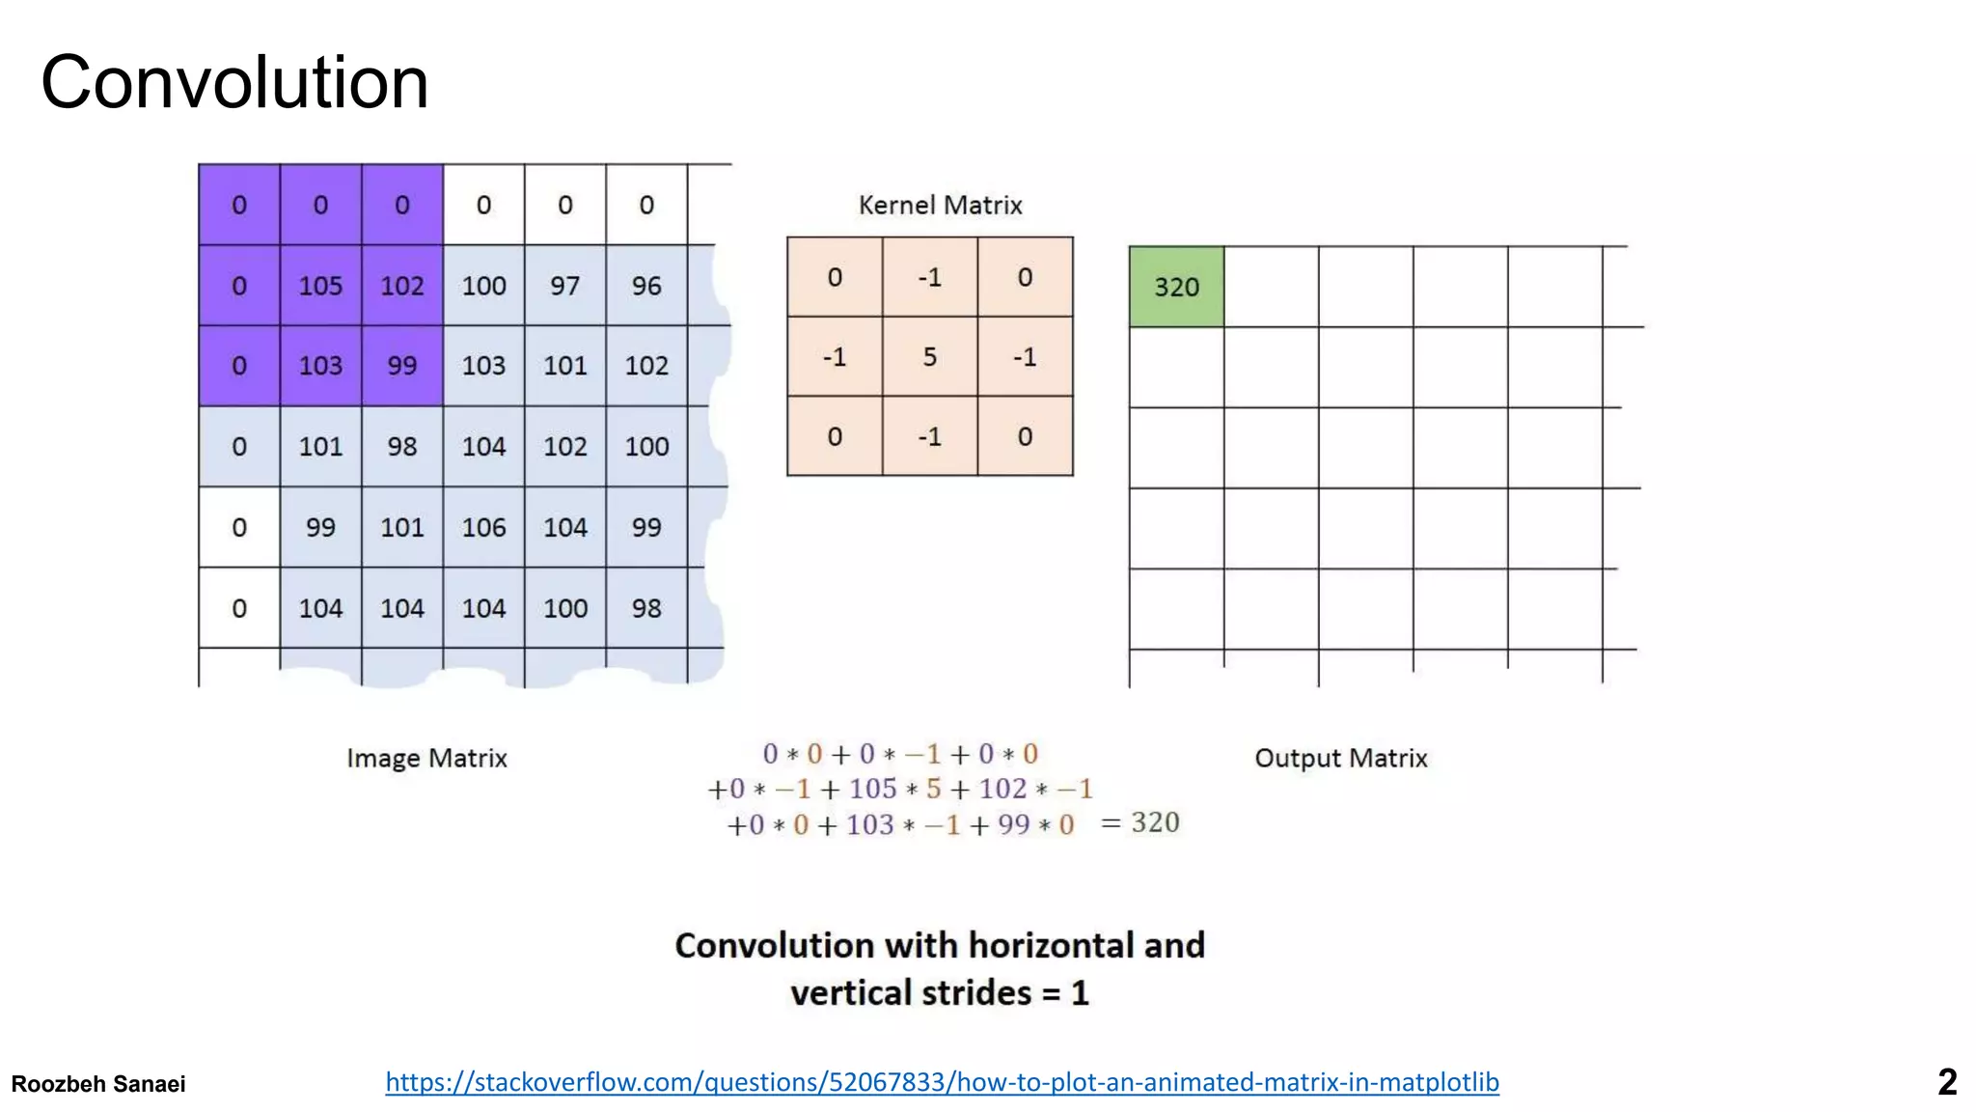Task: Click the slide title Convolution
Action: [234, 83]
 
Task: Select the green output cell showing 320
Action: [1176, 287]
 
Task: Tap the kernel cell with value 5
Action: [929, 357]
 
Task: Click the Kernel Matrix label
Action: [940, 205]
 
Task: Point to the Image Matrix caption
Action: [426, 758]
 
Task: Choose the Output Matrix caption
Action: [1340, 758]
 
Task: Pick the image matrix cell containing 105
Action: [320, 286]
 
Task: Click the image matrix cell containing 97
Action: [564, 286]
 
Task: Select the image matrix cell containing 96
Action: [646, 286]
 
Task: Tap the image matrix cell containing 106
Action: [483, 527]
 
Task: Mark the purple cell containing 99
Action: [401, 366]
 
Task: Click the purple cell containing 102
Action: [401, 286]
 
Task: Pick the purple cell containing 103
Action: [320, 366]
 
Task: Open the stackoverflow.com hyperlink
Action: [942, 1082]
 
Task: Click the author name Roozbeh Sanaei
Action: [98, 1084]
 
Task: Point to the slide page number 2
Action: [1947, 1082]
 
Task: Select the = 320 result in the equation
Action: [1140, 822]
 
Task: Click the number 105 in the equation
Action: [872, 789]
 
